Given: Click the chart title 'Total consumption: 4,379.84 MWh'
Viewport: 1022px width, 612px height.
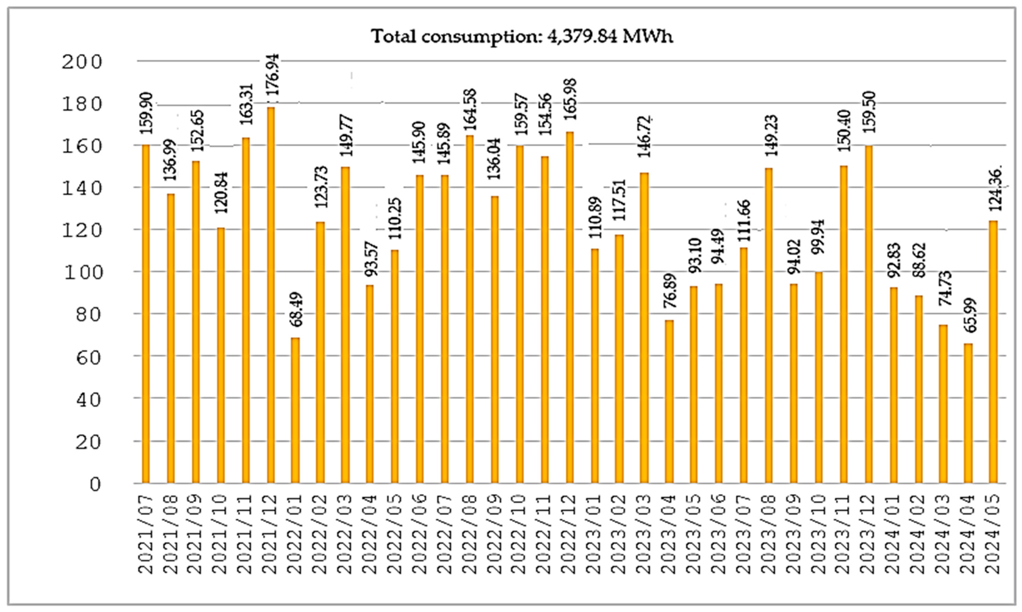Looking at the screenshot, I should pos(522,37).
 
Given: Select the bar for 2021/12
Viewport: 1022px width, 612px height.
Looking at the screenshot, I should pos(271,295).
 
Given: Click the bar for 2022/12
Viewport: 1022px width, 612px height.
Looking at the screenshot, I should pos(570,307).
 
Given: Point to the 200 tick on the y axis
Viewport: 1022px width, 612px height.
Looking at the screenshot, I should pos(81,62).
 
